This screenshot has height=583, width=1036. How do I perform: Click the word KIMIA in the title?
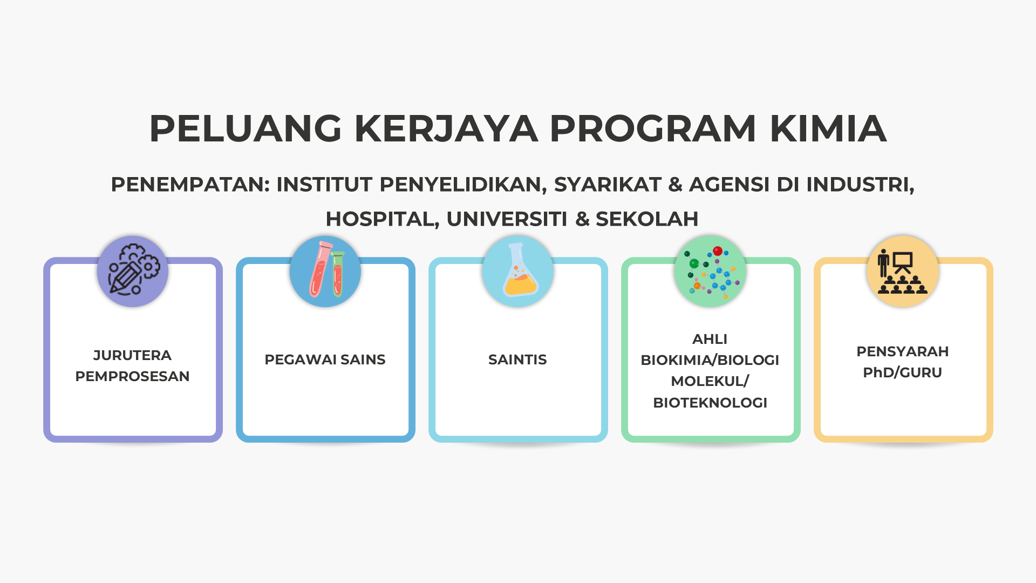coord(828,129)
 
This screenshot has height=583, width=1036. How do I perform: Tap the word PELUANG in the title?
coord(246,129)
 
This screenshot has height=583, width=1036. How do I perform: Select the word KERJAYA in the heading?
coord(446,129)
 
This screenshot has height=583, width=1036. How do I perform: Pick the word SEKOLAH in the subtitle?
coord(646,219)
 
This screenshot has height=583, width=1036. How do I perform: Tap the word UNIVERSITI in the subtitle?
coord(507,219)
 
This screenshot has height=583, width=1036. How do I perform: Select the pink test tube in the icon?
coord(320,268)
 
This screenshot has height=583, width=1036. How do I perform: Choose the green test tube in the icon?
coord(338,274)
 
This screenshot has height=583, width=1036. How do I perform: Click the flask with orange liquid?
coord(520,270)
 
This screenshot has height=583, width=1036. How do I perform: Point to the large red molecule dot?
coord(718,251)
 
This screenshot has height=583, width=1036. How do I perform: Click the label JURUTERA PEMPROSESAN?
coord(132,365)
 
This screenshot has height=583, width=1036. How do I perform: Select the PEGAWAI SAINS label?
coord(325,360)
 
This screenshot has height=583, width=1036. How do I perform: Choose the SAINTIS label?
coord(517,360)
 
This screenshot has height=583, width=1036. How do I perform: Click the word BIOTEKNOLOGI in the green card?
coord(710,403)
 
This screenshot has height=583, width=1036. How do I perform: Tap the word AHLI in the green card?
coord(710,339)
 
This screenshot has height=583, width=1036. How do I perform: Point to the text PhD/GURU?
coord(902,372)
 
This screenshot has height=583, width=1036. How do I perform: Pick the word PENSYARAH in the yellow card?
coord(902,351)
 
